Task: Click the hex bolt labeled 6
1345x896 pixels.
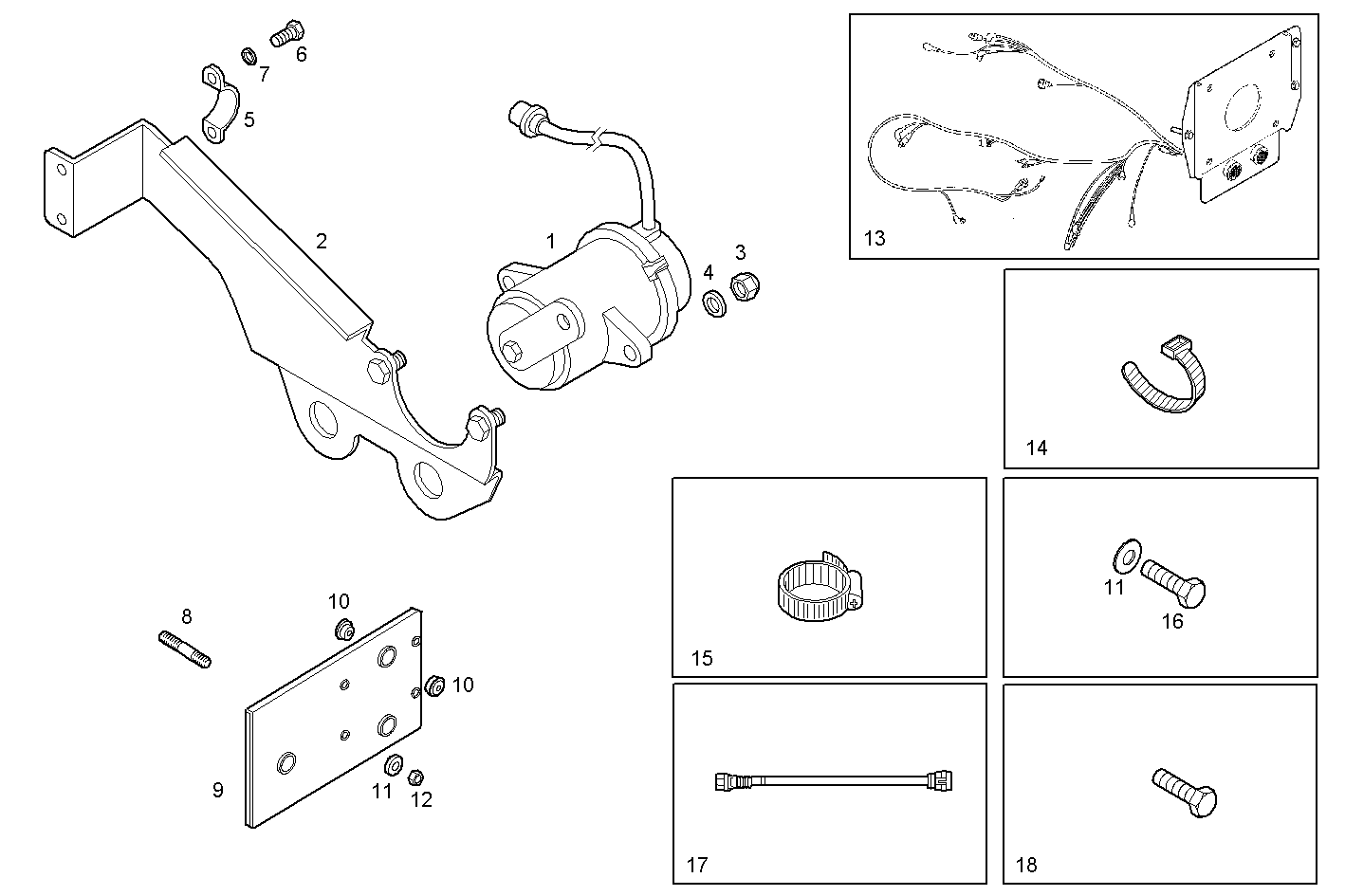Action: pos(284,35)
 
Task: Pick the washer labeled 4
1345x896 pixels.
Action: pos(714,304)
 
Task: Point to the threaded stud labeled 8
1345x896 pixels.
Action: pos(184,649)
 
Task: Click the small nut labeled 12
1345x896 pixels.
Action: pos(415,777)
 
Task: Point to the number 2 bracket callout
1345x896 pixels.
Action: pos(322,241)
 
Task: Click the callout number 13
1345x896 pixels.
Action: pos(875,238)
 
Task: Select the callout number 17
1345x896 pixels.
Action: pos(697,865)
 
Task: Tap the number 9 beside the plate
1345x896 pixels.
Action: pos(218,789)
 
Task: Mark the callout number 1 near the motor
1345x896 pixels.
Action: pos(550,241)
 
